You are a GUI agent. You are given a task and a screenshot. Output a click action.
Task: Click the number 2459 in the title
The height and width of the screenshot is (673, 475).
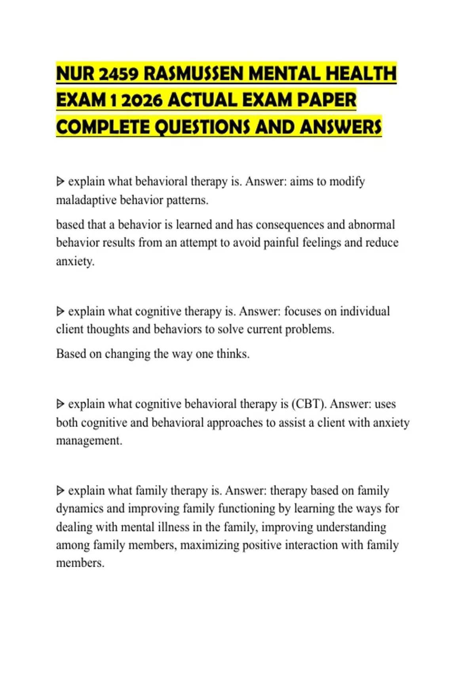[x=118, y=74]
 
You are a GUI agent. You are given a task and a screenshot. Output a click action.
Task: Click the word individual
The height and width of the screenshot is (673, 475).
[x=365, y=312]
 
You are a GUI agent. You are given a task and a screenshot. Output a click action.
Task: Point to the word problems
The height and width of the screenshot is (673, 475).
[x=310, y=329]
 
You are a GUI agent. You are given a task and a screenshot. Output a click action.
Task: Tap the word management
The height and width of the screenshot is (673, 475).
[x=89, y=441]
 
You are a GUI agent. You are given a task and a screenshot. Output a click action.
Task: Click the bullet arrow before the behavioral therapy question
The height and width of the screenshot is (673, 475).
[x=60, y=182]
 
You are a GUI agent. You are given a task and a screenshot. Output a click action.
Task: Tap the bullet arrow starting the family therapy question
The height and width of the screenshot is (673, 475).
[x=60, y=491]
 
